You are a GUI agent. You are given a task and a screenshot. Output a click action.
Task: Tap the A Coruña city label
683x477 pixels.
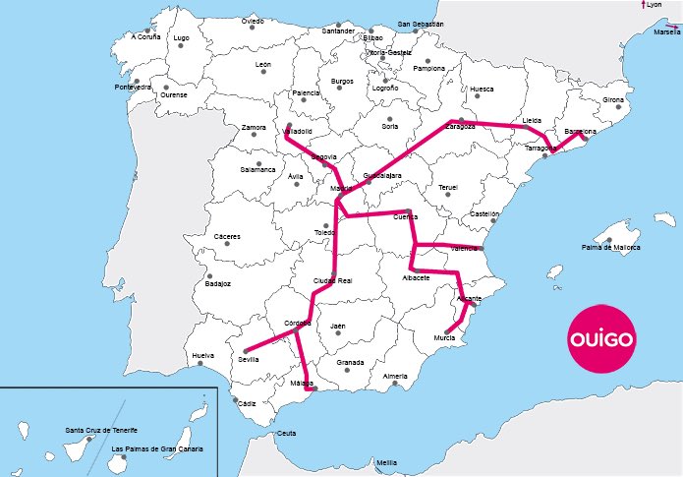click(144, 37)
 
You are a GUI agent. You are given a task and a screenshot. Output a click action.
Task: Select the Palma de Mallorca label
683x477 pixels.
click(610, 247)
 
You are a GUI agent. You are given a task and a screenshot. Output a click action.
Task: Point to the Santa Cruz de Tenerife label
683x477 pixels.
click(100, 431)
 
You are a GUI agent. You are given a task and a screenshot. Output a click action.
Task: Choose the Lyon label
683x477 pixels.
click(655, 5)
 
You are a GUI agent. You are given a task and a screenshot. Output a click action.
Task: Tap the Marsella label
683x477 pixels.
click(665, 31)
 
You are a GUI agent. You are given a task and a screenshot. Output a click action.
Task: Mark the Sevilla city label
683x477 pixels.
click(249, 360)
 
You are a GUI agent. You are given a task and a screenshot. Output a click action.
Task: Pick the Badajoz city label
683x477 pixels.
click(218, 284)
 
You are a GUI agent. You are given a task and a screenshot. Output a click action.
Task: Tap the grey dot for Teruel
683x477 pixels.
click(448, 195)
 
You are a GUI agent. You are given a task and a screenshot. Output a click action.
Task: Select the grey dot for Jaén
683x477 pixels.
click(338, 333)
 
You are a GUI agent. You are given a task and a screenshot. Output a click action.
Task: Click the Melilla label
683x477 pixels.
click(386, 462)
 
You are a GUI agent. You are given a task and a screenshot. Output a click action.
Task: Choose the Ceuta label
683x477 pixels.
click(286, 434)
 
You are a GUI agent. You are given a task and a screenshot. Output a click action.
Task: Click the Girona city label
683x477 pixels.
click(613, 100)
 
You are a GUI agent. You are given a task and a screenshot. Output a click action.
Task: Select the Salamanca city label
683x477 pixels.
click(257, 169)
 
